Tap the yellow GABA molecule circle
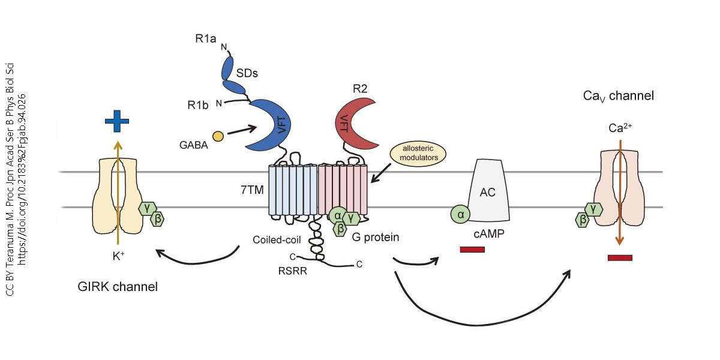click(x=218, y=137)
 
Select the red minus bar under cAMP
click(x=472, y=250)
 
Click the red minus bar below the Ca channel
click(x=620, y=258)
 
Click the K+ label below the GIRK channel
click(x=118, y=254)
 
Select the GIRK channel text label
click(x=118, y=286)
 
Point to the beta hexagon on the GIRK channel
click(x=158, y=219)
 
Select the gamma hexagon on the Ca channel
click(x=594, y=208)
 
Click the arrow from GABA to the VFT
click(x=242, y=130)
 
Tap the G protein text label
click(x=376, y=237)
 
